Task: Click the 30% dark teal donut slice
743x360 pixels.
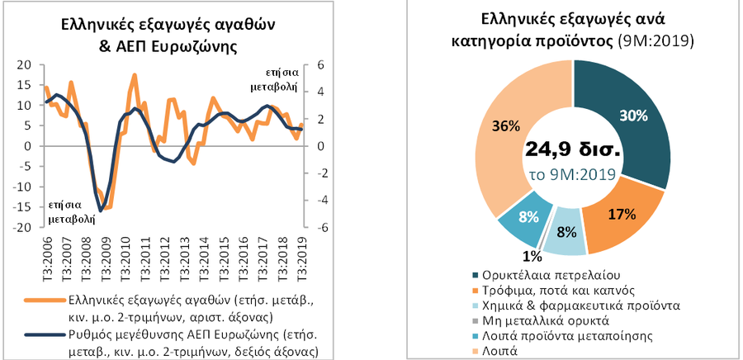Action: coord(632,116)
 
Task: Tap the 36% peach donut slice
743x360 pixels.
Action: coord(513,128)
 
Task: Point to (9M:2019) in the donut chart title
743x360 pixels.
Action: coord(657,40)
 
